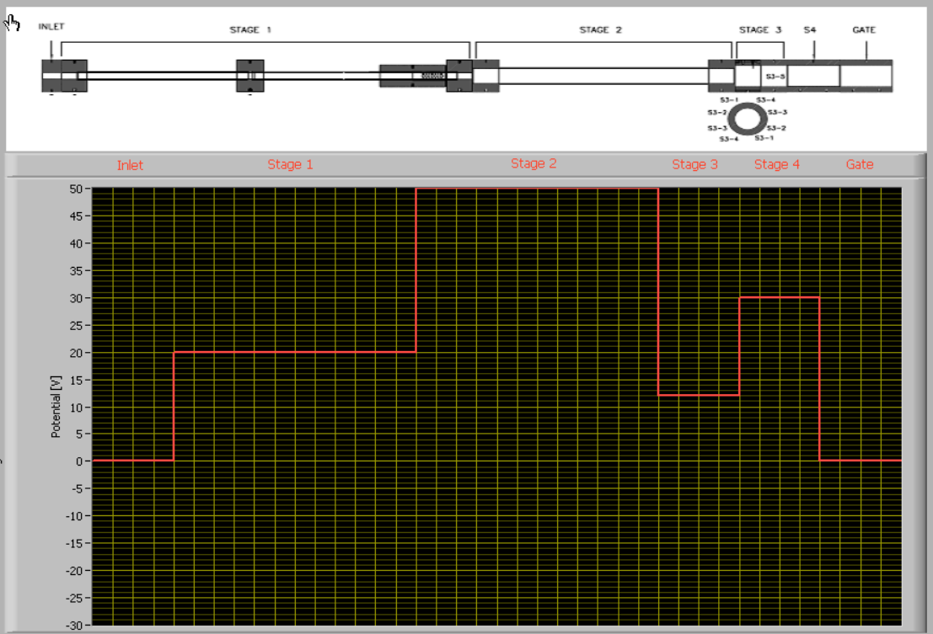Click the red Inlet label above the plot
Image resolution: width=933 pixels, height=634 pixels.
pyautogui.click(x=130, y=165)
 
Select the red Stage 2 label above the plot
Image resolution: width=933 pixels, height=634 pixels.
pyautogui.click(x=534, y=163)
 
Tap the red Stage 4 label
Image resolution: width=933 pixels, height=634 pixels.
pyautogui.click(x=776, y=164)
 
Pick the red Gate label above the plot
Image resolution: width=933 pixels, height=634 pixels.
pyautogui.click(x=860, y=164)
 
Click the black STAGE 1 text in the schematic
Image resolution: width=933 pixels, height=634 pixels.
pyautogui.click(x=250, y=30)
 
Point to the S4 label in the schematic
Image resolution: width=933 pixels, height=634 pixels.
pyautogui.click(x=810, y=30)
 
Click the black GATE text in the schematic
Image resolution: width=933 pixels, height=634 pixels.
pyautogui.click(x=864, y=30)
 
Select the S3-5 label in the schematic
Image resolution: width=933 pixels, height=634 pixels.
pyautogui.click(x=775, y=77)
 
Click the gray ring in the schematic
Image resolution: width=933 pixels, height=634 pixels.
pyautogui.click(x=745, y=119)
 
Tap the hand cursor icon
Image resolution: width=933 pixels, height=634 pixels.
pyautogui.click(x=13, y=23)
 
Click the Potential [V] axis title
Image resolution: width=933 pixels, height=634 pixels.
pyautogui.click(x=56, y=405)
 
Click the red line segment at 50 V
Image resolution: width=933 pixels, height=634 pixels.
pyautogui.click(x=537, y=189)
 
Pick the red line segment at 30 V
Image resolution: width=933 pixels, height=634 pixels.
pyautogui.click(x=779, y=297)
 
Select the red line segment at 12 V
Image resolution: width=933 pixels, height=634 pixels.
pyautogui.click(x=699, y=395)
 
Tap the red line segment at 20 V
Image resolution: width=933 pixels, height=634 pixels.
pyautogui.click(x=295, y=352)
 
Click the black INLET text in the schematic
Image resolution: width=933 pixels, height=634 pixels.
pyautogui.click(x=51, y=27)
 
